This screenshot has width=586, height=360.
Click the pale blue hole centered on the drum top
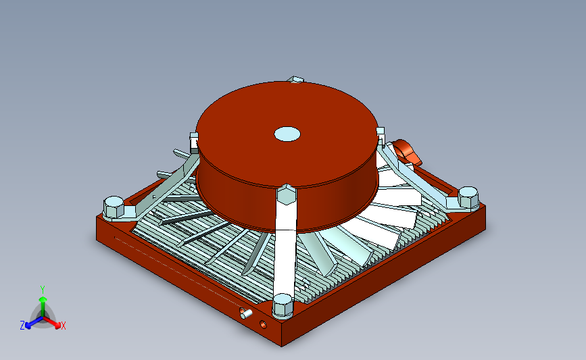(287, 134)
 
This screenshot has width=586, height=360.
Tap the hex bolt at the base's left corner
(114, 207)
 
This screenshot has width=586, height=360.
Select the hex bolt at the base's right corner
(468, 197)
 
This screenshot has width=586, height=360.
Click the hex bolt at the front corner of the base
(283, 306)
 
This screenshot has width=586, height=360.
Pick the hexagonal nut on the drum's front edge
(287, 194)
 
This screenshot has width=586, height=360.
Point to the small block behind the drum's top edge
(295, 80)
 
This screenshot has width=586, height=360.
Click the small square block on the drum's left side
(194, 143)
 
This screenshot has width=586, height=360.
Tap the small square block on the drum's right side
(381, 135)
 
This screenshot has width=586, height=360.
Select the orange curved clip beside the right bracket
(408, 151)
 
